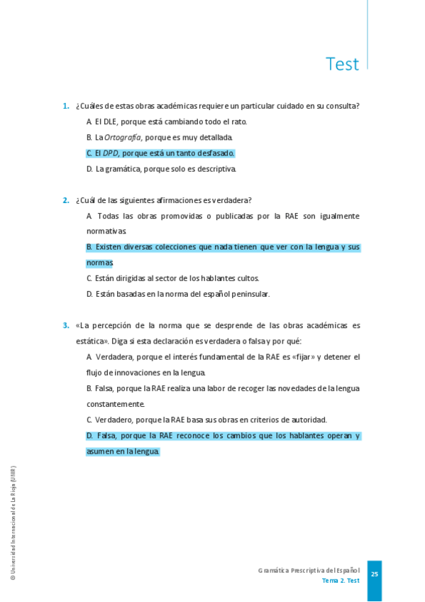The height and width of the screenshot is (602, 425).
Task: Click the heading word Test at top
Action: (x=342, y=64)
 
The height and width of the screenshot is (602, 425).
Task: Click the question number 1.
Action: (x=66, y=106)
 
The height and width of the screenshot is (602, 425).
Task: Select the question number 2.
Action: (x=66, y=200)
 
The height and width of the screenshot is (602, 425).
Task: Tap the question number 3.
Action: (x=66, y=326)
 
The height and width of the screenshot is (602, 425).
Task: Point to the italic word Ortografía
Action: (x=122, y=137)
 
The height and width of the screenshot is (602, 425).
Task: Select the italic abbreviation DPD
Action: (x=111, y=153)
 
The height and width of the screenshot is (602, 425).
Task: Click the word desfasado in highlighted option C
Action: (x=215, y=153)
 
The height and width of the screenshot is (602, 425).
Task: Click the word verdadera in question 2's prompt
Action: (x=233, y=200)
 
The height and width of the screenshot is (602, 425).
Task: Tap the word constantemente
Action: (x=116, y=404)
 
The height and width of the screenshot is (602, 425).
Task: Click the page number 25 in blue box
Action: (x=375, y=574)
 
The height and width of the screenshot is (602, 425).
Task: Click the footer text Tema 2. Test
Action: (x=341, y=581)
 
